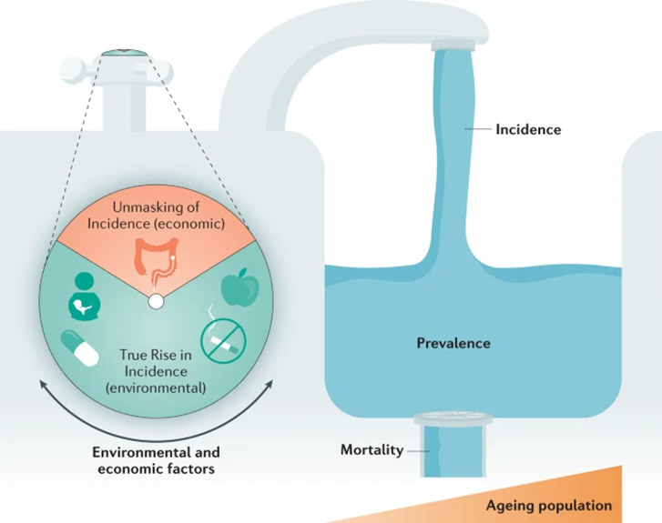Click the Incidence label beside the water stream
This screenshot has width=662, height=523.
pos(528,130)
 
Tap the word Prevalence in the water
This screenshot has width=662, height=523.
pos(453,343)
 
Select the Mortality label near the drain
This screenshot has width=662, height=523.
pos(371,450)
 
